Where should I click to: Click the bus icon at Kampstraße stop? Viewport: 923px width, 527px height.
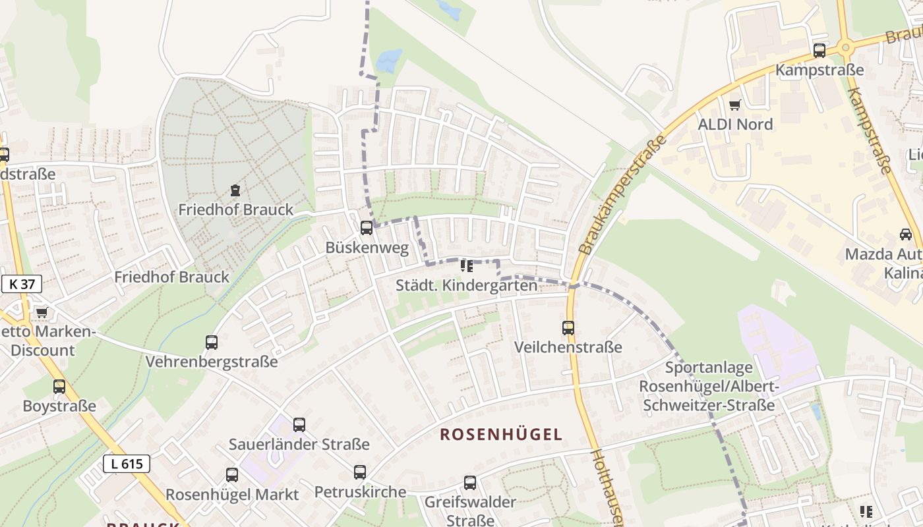coord(819,50)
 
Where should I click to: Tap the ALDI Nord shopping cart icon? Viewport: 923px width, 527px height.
coord(735,105)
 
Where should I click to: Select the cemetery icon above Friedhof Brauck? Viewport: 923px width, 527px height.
coord(235,191)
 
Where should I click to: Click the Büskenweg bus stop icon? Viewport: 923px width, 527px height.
coord(367,228)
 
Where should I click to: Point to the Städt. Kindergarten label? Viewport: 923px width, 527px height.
coord(466,285)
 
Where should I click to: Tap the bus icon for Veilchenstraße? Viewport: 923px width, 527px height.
coord(568,327)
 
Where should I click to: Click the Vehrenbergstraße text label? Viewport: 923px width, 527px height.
coord(212,362)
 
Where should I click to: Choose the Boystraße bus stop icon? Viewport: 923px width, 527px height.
coord(59,387)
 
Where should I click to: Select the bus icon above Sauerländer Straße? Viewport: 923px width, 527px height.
coord(299,425)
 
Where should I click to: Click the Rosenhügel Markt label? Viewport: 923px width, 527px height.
coord(232,494)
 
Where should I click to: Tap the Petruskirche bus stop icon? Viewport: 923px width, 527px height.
coord(360,472)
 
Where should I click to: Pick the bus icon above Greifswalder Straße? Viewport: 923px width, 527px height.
coord(470,483)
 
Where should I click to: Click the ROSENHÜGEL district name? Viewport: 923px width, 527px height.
coord(501,435)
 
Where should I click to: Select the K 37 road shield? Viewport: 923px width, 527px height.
coord(22,284)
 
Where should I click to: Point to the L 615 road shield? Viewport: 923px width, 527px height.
coord(127,464)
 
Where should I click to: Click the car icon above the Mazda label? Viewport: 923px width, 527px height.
coord(906,235)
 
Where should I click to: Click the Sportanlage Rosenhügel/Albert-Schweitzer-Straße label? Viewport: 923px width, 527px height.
coord(709,387)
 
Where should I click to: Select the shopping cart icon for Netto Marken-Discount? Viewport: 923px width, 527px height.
coord(42,312)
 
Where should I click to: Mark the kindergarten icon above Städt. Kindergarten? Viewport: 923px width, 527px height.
coord(467,266)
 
